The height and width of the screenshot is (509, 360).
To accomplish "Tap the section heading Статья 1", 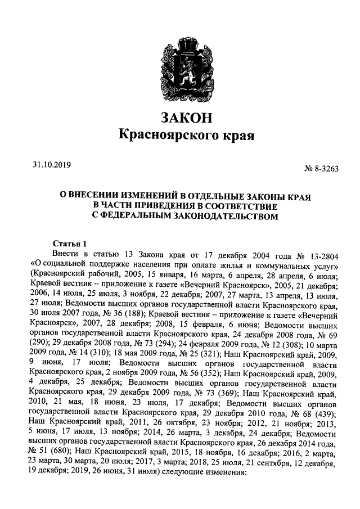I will (70, 244).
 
